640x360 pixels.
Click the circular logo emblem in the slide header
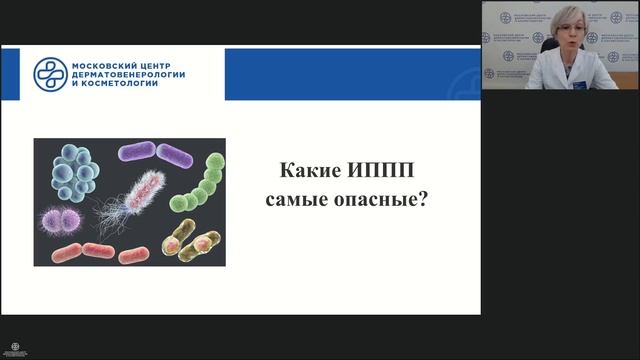pos(50,73)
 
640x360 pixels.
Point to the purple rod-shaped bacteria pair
pos(155,155)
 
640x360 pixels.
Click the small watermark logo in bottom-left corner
pos(15,350)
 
